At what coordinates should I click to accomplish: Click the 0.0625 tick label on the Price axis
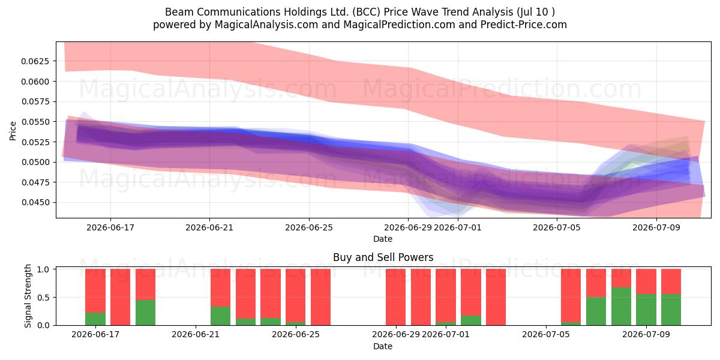click(x=35, y=61)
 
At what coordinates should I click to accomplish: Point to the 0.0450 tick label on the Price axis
click(x=35, y=203)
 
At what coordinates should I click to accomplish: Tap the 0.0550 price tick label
click(x=35, y=122)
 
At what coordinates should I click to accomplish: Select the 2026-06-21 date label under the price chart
click(x=209, y=227)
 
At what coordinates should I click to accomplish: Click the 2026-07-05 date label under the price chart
click(x=557, y=227)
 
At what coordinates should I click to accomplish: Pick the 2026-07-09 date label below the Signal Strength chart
click(x=646, y=335)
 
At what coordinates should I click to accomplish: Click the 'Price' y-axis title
click(x=13, y=131)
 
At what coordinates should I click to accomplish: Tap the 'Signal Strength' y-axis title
click(x=28, y=296)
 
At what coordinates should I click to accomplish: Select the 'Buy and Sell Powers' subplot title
click(x=383, y=257)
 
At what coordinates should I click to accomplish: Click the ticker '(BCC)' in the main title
click(x=366, y=12)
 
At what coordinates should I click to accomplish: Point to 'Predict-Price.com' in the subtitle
click(x=524, y=25)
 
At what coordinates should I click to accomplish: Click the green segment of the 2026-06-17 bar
click(x=95, y=319)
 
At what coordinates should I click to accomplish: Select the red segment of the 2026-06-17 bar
click(x=95, y=290)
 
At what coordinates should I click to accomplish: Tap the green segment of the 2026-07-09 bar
click(x=646, y=310)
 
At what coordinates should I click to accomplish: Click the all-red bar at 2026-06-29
click(x=395, y=297)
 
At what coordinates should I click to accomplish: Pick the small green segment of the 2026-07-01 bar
click(x=445, y=323)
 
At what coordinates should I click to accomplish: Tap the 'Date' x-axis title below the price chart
click(x=383, y=239)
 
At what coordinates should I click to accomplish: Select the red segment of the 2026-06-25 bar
click(x=295, y=296)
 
